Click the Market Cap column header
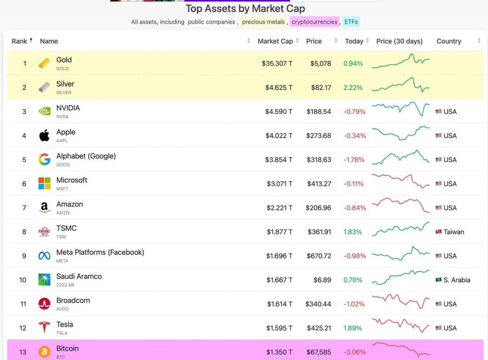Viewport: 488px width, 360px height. click(275, 41)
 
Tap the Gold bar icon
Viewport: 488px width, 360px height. click(44, 63)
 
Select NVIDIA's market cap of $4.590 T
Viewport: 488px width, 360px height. click(279, 111)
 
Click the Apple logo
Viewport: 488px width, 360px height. click(44, 136)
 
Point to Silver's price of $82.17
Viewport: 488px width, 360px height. click(318, 87)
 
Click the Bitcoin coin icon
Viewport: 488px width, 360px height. click(44, 352)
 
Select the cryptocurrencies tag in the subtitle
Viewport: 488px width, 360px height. click(314, 22)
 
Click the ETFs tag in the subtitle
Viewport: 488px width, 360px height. click(351, 22)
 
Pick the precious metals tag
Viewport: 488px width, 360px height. click(263, 22)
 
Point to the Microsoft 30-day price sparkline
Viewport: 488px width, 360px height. click(401, 182)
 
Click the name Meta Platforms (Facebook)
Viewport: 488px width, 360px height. click(100, 252)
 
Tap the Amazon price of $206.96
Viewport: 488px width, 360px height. click(318, 208)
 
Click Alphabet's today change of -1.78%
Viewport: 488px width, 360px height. click(354, 160)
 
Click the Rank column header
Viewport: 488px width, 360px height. click(20, 41)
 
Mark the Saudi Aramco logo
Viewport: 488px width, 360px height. click(44, 280)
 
